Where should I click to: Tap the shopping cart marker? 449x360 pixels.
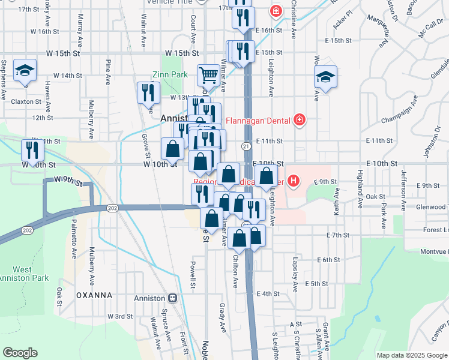(x=208, y=76)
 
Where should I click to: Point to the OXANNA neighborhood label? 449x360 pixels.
(x=94, y=295)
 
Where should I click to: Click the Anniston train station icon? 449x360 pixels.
(x=173, y=298)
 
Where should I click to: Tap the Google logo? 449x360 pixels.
(x=20, y=353)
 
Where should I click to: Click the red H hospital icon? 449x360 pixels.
(x=293, y=180)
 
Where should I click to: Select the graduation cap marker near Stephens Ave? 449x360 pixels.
(x=25, y=71)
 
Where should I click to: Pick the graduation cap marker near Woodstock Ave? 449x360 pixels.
(x=325, y=77)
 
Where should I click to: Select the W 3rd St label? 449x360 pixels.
(x=120, y=316)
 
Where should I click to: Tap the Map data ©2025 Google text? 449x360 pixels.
(x=411, y=355)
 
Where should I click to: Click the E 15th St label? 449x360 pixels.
(x=338, y=40)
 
